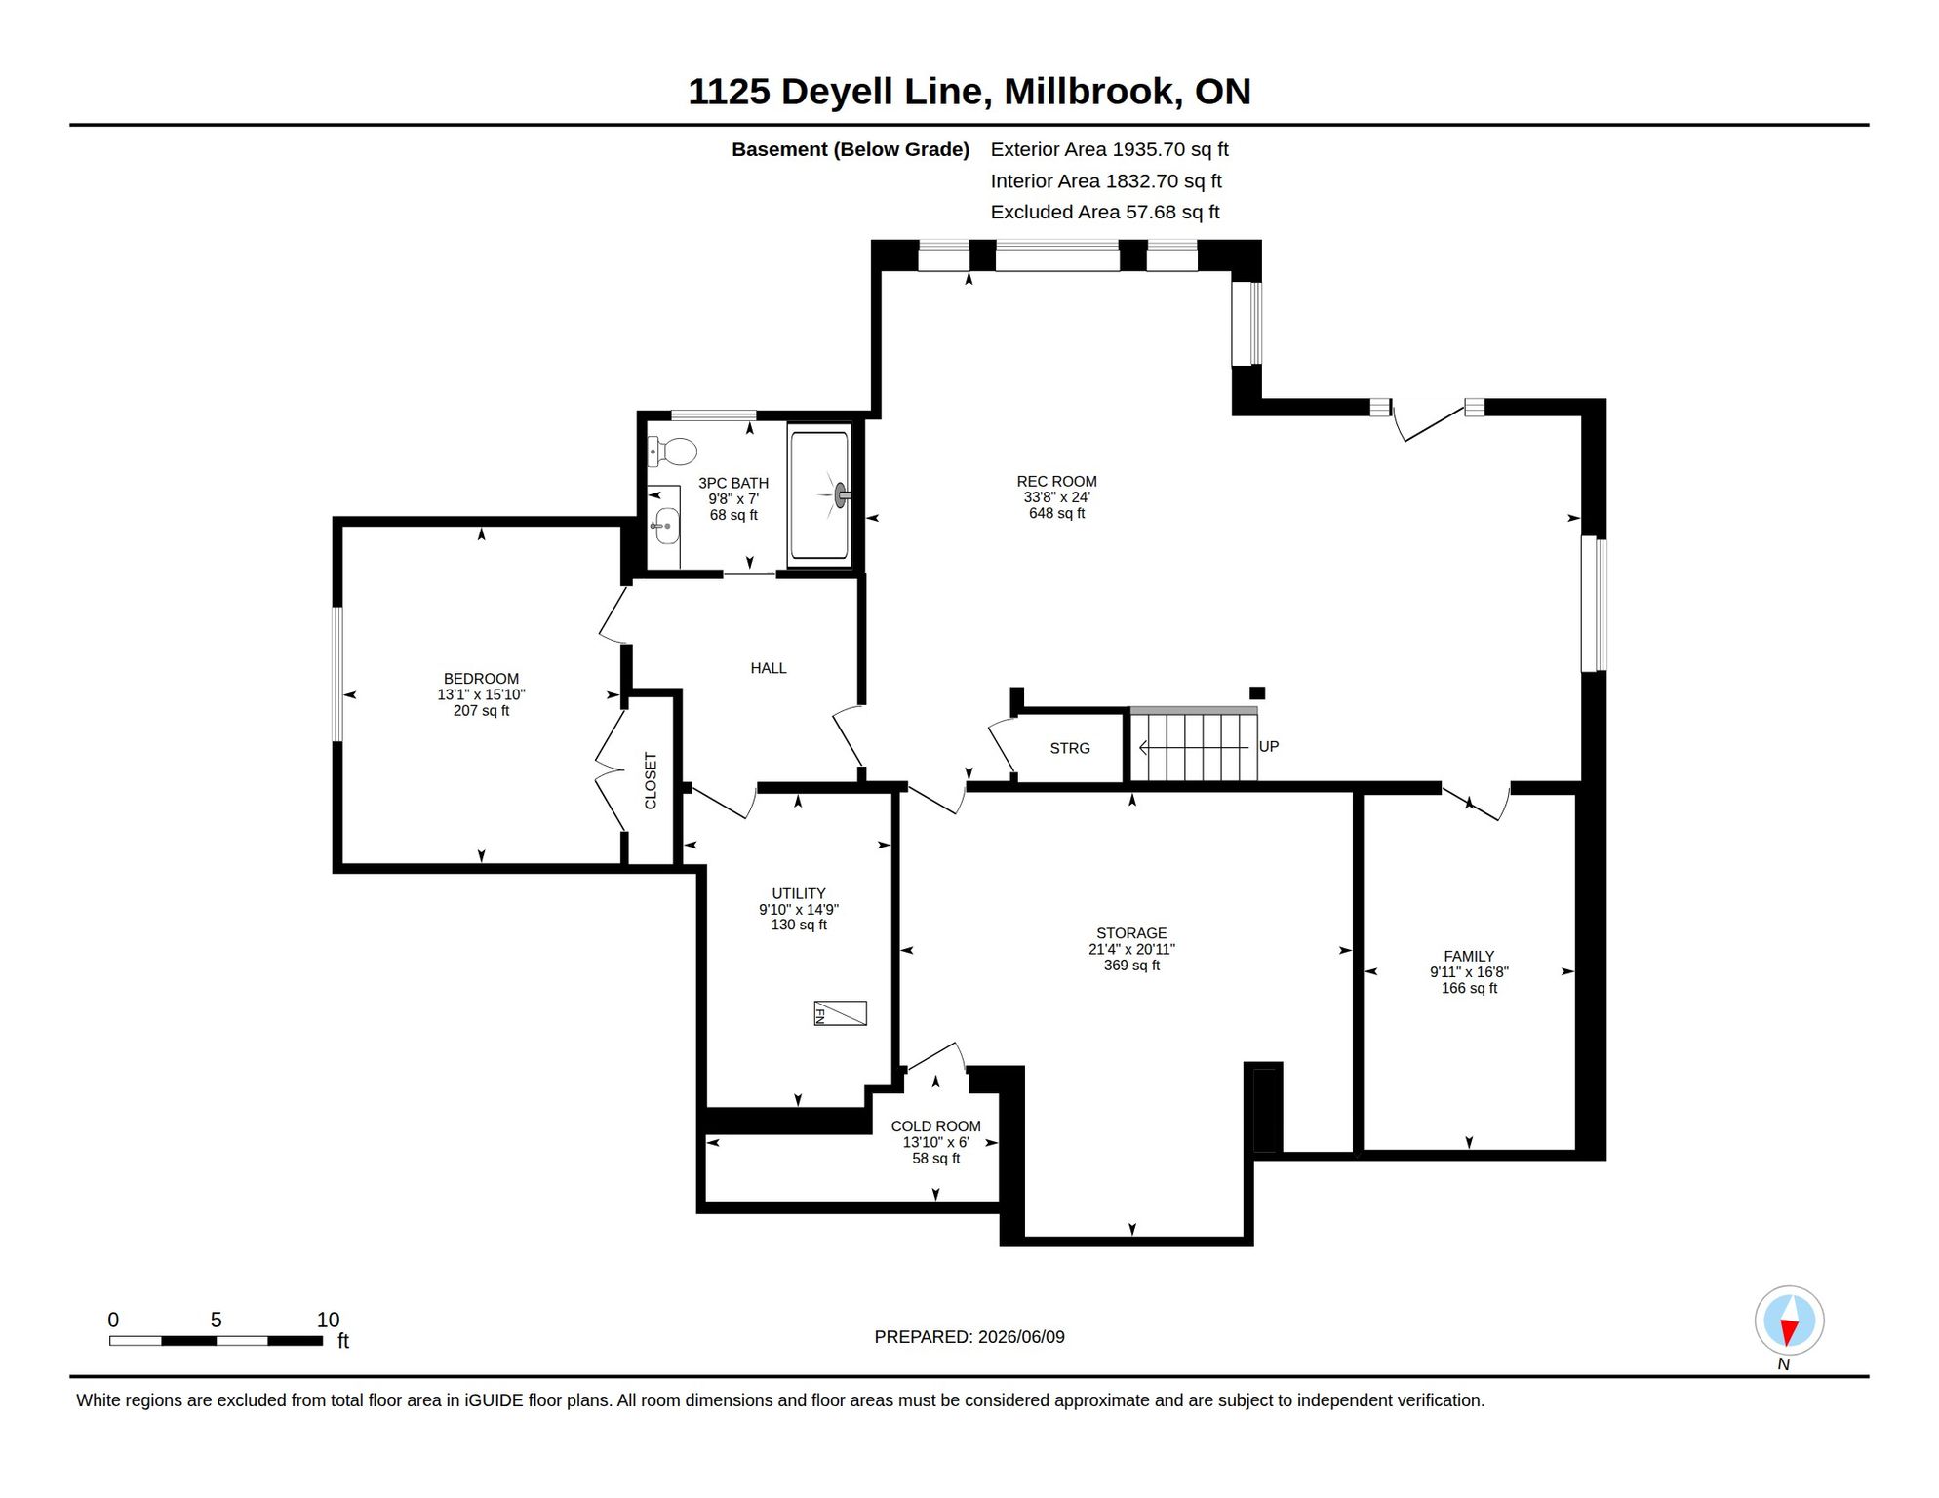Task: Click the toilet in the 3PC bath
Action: coord(672,452)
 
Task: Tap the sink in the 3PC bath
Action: coord(665,526)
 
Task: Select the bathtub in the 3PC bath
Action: coord(819,495)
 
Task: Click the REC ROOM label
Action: coord(1056,481)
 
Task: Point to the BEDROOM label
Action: coord(481,679)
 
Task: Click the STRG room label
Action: coord(1070,748)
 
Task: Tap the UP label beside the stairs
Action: coord(1269,746)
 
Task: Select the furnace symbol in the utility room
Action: coord(840,1013)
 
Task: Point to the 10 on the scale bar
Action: coord(328,1320)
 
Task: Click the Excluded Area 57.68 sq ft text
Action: coord(1105,212)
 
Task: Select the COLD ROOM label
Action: coord(935,1126)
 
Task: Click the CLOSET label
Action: coord(651,780)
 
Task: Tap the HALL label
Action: coord(769,668)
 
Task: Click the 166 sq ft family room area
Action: coord(1469,988)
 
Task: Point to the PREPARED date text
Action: coord(969,1337)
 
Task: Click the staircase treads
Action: coord(1194,747)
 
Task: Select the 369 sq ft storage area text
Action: coord(1131,966)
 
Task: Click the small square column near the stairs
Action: coord(1257,693)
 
